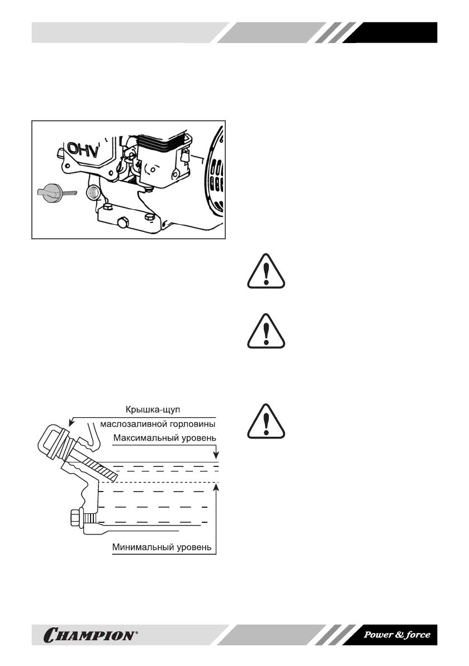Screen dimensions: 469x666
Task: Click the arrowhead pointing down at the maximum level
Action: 216,456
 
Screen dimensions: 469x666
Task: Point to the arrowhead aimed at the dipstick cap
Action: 71,423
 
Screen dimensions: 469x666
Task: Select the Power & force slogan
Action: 397,635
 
